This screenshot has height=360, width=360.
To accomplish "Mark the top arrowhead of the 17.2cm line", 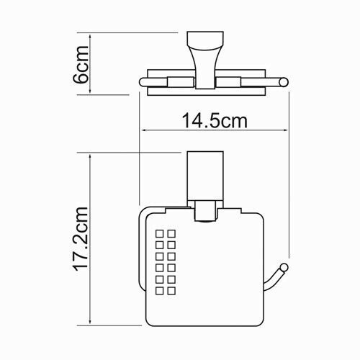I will (89, 155).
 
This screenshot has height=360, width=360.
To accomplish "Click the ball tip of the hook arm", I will (284, 269).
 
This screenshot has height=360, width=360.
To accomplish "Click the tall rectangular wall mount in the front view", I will (205, 176).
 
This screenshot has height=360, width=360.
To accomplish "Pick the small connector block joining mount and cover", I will (205, 213).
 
